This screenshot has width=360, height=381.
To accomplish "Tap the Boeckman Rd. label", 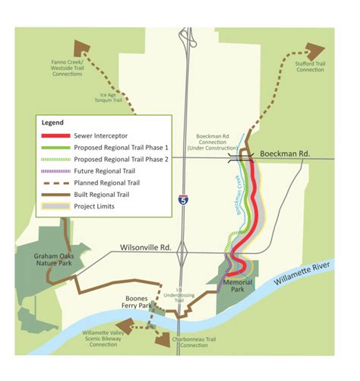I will [285, 154].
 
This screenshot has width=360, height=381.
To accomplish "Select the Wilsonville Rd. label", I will [147, 247].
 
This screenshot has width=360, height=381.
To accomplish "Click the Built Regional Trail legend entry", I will [106, 194].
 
